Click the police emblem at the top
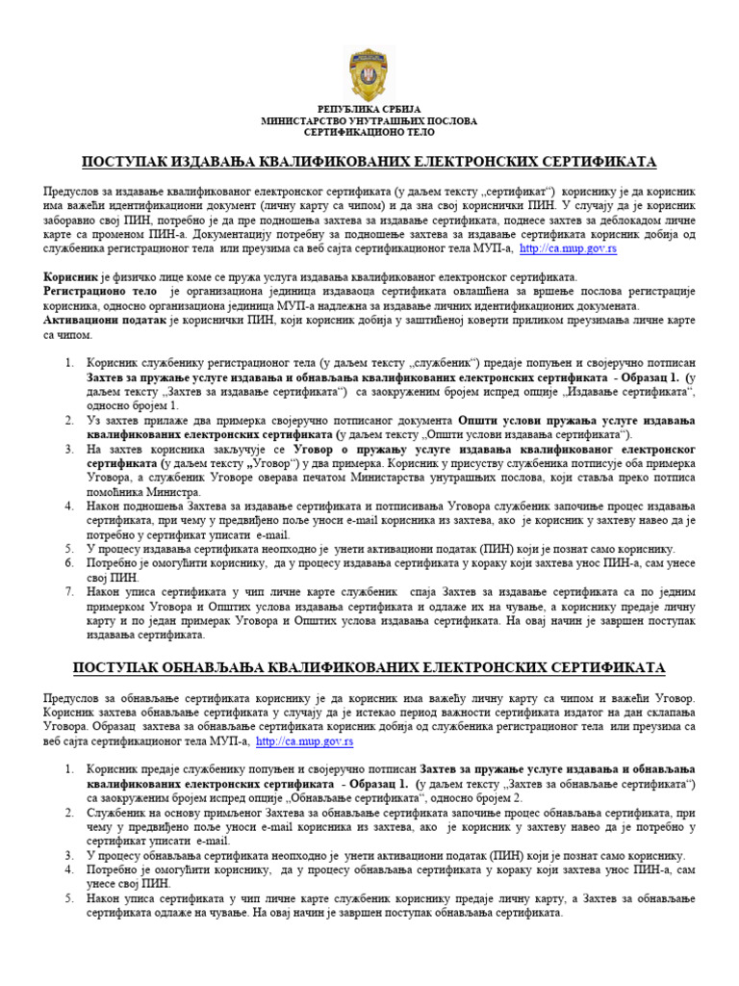coord(369,70)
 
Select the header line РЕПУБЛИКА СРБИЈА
coord(369,110)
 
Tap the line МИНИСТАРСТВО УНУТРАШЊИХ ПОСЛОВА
coord(369,121)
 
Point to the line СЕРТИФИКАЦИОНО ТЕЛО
coord(369,134)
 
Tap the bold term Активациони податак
coord(106,321)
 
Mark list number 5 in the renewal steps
coord(69,898)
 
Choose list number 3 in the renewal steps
coord(69,855)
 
